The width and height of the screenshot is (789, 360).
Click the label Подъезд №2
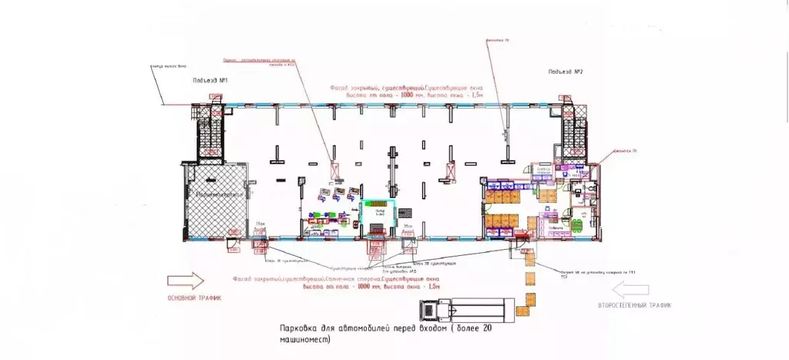[x=565, y=72]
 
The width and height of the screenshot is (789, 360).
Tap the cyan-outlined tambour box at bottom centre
[x=378, y=211]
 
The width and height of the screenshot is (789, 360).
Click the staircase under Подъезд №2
[x=571, y=130]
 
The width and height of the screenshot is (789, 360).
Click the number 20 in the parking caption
[x=485, y=328]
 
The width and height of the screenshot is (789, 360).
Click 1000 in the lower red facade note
[x=342, y=287]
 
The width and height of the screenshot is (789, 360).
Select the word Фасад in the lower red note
[x=240, y=278]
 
